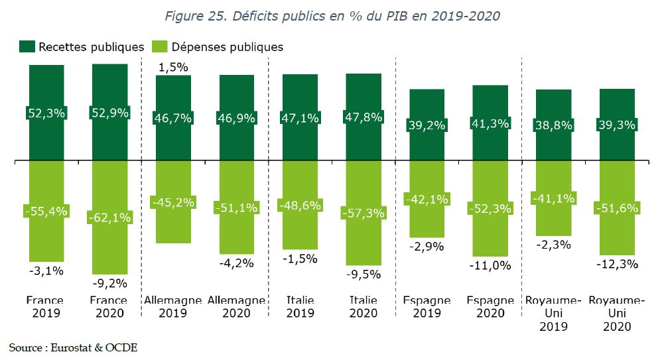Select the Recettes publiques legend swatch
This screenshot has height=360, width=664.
coord(27,46)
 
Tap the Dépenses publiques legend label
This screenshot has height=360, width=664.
coord(228,47)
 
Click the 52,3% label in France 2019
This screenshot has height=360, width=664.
coord(46,113)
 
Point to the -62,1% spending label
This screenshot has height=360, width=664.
coord(109,216)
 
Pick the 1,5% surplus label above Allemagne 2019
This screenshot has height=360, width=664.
coord(174,67)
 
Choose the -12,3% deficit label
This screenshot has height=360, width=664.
coord(617,264)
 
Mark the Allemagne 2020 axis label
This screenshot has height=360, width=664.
coord(237,306)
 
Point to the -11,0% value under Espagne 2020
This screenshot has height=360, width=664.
coord(490,266)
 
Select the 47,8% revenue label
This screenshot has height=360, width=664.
coord(364,117)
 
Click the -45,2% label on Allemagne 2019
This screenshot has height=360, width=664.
coord(173,202)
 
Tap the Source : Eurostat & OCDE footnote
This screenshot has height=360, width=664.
coord(73,347)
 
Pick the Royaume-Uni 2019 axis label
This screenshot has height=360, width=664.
coord(553,313)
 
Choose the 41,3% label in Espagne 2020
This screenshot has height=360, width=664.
coord(490,123)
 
